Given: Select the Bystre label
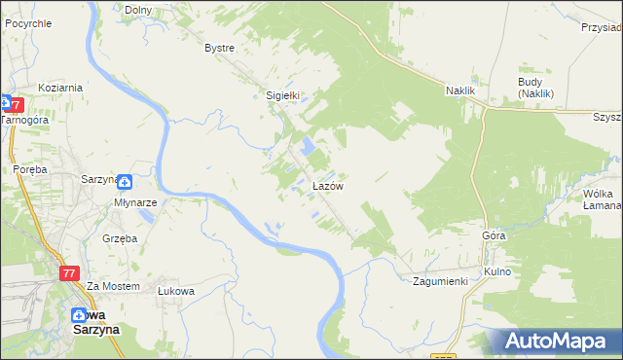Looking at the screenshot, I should (x=220, y=47).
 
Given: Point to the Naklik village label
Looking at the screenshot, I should (x=460, y=90).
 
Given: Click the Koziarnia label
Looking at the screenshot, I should (x=60, y=88).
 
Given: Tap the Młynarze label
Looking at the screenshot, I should (x=134, y=202).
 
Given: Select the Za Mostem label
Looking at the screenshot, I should (x=107, y=286).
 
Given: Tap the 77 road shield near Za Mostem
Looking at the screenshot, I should (x=68, y=274).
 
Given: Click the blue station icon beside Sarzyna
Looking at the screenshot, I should (x=126, y=180).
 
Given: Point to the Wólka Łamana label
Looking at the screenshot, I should (x=602, y=199).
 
